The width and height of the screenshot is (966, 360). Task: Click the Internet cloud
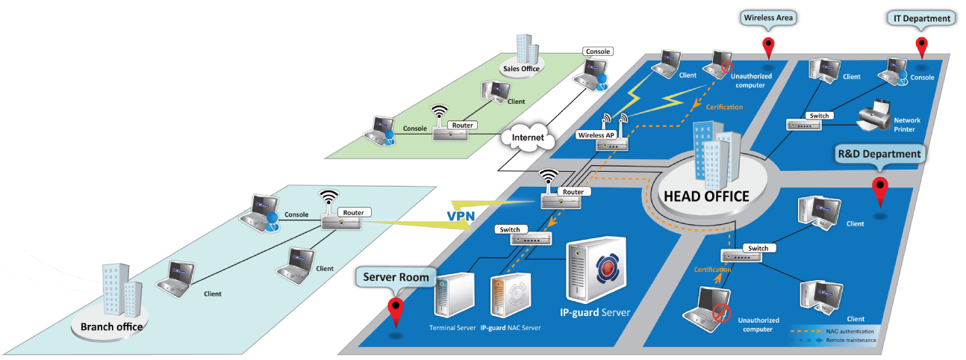[526, 138]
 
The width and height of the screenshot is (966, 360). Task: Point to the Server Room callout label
[396, 277]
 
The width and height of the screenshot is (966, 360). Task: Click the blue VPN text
[461, 216]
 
